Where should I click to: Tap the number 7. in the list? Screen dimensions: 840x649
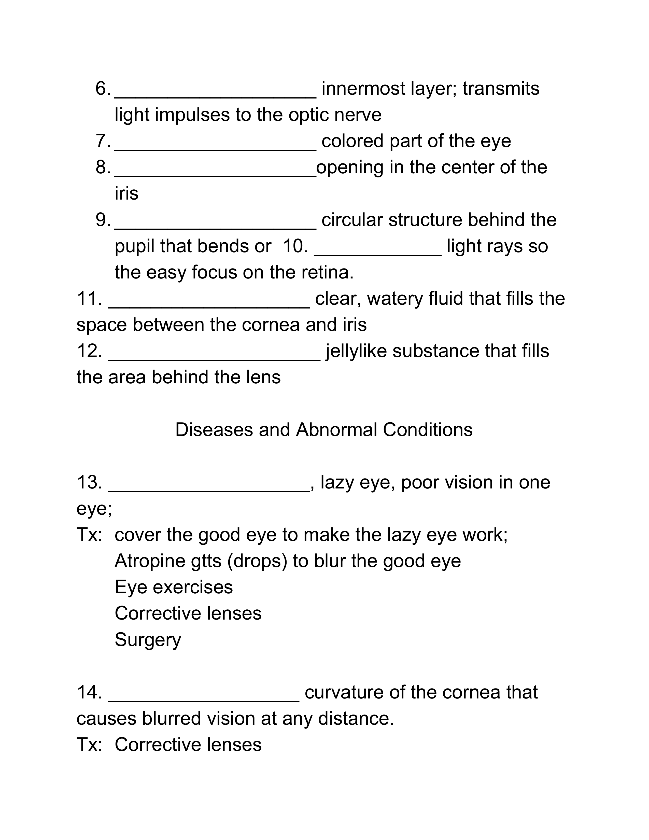[x=103, y=141]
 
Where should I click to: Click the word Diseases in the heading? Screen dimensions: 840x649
[x=214, y=430]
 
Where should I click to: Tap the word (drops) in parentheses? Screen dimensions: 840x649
[x=257, y=561]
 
